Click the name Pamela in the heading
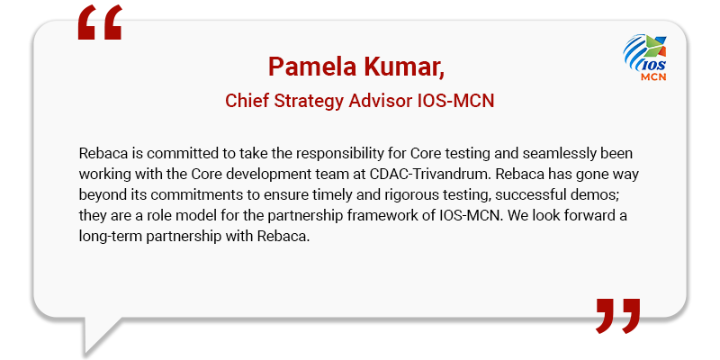311,67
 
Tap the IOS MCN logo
644,58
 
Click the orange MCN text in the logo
653,76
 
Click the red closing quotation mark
617,316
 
